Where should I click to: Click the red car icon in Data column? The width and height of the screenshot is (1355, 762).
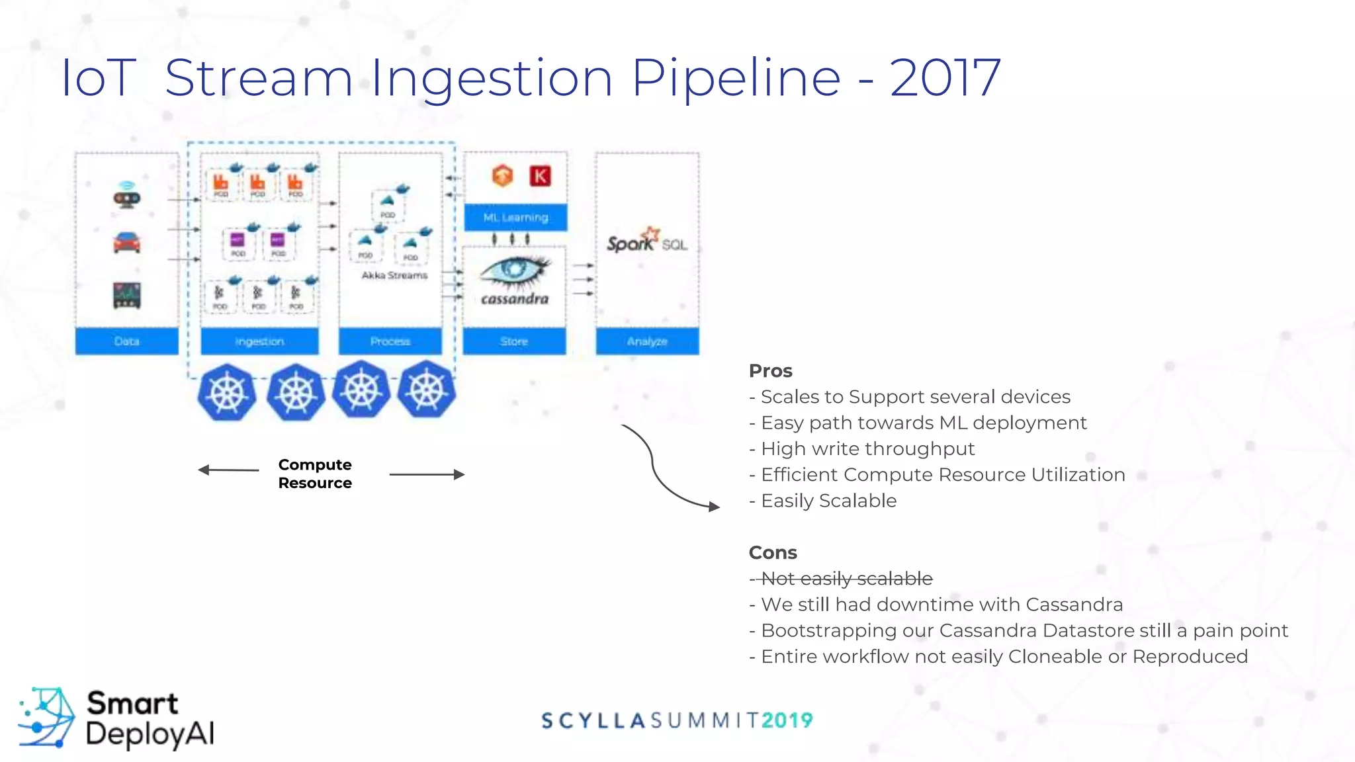pos(126,243)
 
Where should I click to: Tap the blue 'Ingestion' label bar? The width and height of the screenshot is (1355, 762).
pos(259,341)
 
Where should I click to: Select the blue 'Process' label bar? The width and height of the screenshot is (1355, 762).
pos(390,341)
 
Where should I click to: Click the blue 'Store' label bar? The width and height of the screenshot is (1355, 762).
pos(514,341)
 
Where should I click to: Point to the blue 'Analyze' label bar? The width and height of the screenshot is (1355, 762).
pos(647,341)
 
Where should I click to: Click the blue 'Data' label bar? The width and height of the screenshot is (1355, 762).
pos(126,341)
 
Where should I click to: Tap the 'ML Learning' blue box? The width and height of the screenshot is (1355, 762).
pos(515,218)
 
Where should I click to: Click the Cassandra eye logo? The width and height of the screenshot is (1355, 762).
pos(515,271)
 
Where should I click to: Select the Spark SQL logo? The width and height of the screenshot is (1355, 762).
pos(646,241)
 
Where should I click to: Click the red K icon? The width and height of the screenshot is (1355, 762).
pos(541,176)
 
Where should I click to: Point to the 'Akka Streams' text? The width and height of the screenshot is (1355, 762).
pos(394,275)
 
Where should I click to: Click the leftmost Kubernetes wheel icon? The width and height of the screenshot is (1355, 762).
pos(227,392)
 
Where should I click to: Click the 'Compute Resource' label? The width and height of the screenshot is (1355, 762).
pos(315,474)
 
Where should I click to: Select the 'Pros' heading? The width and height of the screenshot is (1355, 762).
pos(770,371)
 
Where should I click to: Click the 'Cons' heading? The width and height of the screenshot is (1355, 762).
pos(772,553)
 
